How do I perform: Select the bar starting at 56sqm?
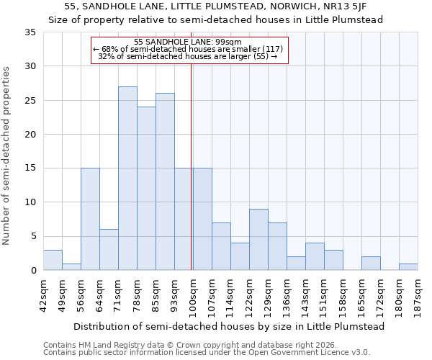[x=90, y=219]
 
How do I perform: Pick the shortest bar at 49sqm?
[x=71, y=266]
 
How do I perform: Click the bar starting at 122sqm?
[x=258, y=240]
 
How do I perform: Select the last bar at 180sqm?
[x=408, y=267]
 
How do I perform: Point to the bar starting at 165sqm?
[x=371, y=264]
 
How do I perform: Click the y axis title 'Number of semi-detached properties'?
[x=7, y=155]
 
